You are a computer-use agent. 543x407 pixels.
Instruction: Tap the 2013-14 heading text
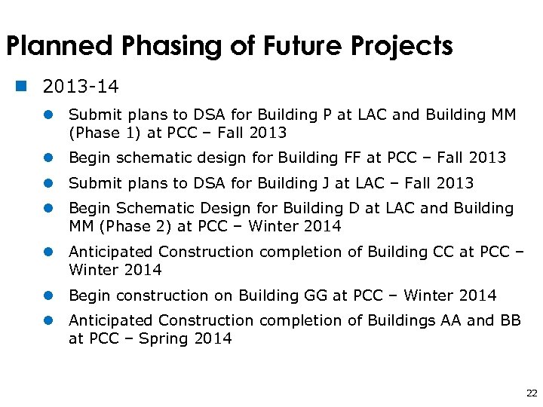[81, 87]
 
